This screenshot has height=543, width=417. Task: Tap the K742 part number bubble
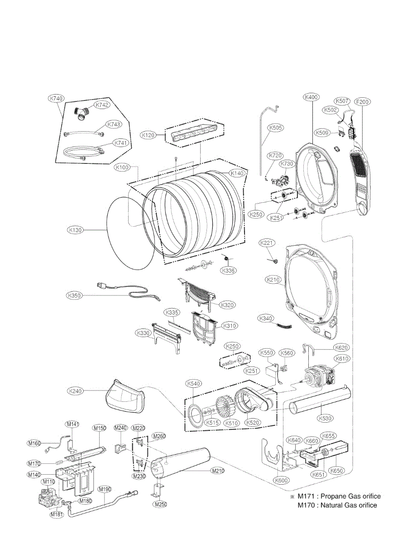pos(101,105)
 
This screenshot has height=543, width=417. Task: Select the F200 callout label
pos(362,102)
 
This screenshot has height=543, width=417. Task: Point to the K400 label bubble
pos(312,97)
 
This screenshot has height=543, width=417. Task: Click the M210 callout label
pos(218,471)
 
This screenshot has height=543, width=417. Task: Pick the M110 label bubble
pos(48,482)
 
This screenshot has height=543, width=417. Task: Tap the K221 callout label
pos(267,243)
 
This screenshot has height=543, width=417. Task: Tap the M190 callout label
pos(105,490)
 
